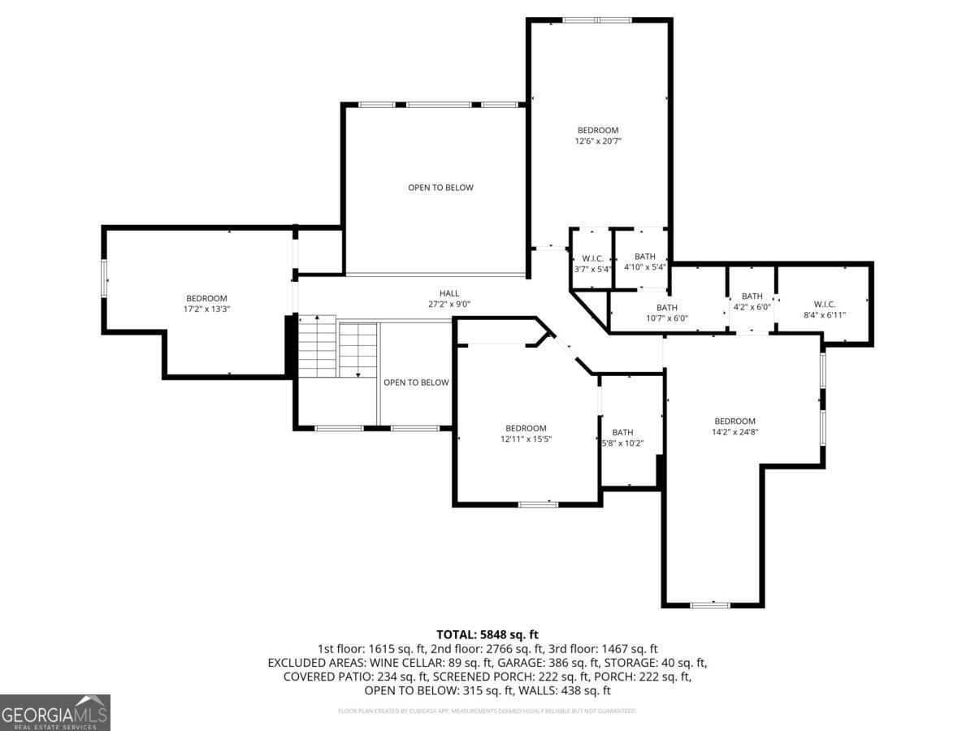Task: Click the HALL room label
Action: click(x=449, y=293)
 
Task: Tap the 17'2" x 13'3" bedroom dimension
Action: click(x=206, y=309)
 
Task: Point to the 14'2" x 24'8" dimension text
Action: click(x=734, y=432)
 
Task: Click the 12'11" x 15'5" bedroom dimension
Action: click(x=526, y=439)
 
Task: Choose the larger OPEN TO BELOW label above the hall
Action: click(x=440, y=188)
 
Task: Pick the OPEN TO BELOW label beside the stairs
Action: click(x=416, y=383)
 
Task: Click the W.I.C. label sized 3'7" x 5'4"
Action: click(x=592, y=258)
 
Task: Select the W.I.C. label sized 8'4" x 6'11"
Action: click(x=824, y=304)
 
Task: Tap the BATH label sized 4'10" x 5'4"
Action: click(x=645, y=257)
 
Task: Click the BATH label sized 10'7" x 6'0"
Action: click(x=667, y=307)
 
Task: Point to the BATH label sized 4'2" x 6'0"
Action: click(x=752, y=296)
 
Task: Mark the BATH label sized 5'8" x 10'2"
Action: click(x=622, y=432)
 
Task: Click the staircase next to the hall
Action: click(x=337, y=348)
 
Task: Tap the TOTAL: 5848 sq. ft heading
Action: click(x=487, y=634)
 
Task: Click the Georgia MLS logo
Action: click(x=55, y=712)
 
